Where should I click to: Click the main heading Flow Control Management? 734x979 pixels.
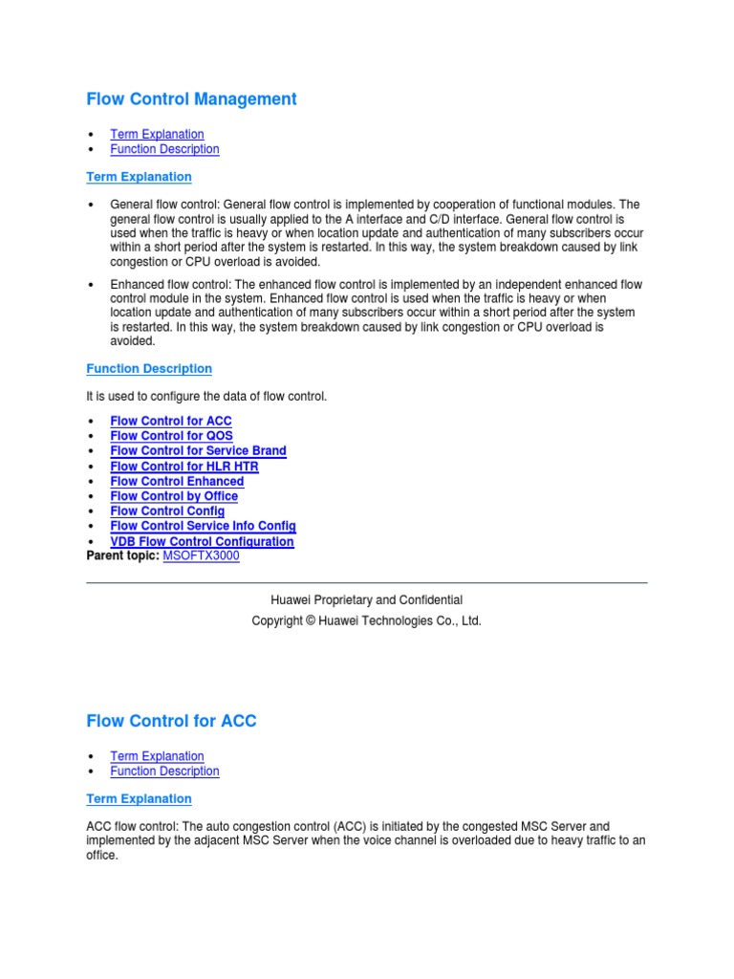(191, 99)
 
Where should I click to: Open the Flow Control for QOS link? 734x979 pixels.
(171, 436)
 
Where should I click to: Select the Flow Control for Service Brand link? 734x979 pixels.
(198, 450)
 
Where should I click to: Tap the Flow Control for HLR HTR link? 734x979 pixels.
(183, 466)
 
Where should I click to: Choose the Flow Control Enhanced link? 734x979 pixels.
(177, 481)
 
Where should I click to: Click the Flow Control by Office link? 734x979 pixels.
(174, 496)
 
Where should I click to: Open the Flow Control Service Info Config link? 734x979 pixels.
(203, 526)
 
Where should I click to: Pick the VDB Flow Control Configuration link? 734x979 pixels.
(202, 541)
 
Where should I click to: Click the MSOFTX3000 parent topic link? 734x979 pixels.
(201, 555)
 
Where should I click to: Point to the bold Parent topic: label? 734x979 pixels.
(123, 555)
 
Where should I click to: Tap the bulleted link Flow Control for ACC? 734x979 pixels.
(171, 421)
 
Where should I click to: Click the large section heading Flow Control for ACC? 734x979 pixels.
(171, 721)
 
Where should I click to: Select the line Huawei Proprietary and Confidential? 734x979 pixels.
(367, 599)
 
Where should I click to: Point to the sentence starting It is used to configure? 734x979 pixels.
(206, 396)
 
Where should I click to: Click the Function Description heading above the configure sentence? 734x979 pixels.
(149, 368)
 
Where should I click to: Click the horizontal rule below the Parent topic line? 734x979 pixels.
(367, 582)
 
